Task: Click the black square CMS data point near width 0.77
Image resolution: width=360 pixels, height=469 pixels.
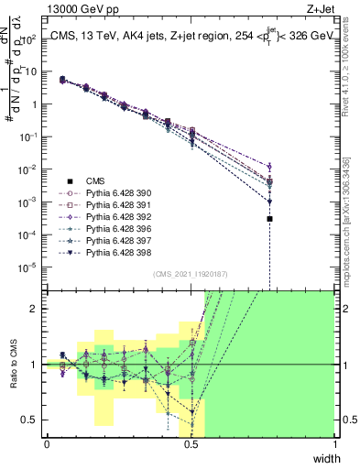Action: pyautogui.click(x=269, y=219)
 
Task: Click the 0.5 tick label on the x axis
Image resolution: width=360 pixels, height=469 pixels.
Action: pyautogui.click(x=191, y=443)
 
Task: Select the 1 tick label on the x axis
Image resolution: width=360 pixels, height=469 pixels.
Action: pyautogui.click(x=333, y=443)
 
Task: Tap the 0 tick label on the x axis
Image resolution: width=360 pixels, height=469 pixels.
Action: pyautogui.click(x=47, y=443)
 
